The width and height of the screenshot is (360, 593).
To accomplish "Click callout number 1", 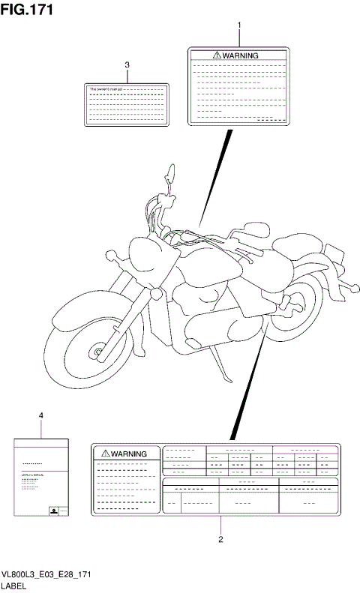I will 239,27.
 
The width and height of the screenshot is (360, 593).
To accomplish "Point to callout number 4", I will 40,415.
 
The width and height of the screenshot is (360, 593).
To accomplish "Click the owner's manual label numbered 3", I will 127,103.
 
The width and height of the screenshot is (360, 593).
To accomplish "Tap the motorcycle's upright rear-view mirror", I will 172,179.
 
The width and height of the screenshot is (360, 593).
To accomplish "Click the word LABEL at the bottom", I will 16,586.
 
